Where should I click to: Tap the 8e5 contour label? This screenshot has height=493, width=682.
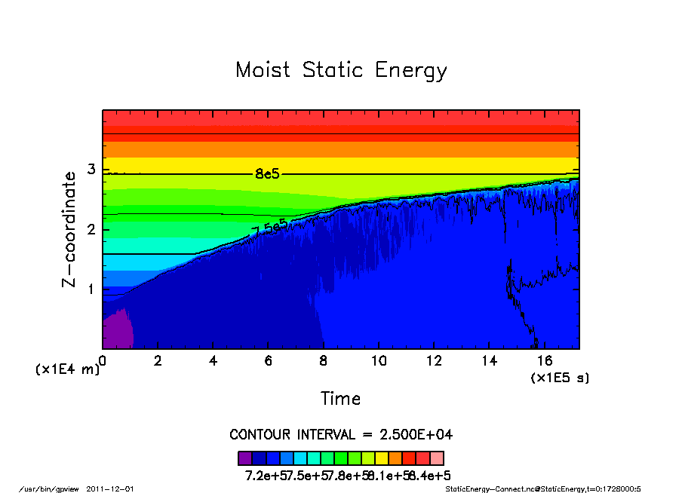click(267, 174)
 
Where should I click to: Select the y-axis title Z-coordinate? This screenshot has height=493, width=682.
click(69, 229)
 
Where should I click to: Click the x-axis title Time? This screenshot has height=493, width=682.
click(340, 399)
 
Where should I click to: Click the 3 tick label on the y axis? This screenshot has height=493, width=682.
click(91, 170)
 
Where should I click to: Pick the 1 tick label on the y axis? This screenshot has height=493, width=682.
click(91, 289)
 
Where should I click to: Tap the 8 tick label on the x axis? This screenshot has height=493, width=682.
click(324, 360)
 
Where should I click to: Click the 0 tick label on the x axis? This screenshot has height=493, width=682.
click(103, 360)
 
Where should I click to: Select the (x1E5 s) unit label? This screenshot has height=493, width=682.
click(560, 377)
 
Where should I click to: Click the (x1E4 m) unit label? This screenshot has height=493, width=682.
click(67, 370)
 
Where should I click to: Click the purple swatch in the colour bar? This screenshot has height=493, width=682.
click(244, 458)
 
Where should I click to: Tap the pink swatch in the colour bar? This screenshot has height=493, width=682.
click(437, 458)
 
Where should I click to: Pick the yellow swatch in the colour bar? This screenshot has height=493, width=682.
click(382, 458)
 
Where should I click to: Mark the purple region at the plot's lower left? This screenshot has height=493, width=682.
click(116, 332)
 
